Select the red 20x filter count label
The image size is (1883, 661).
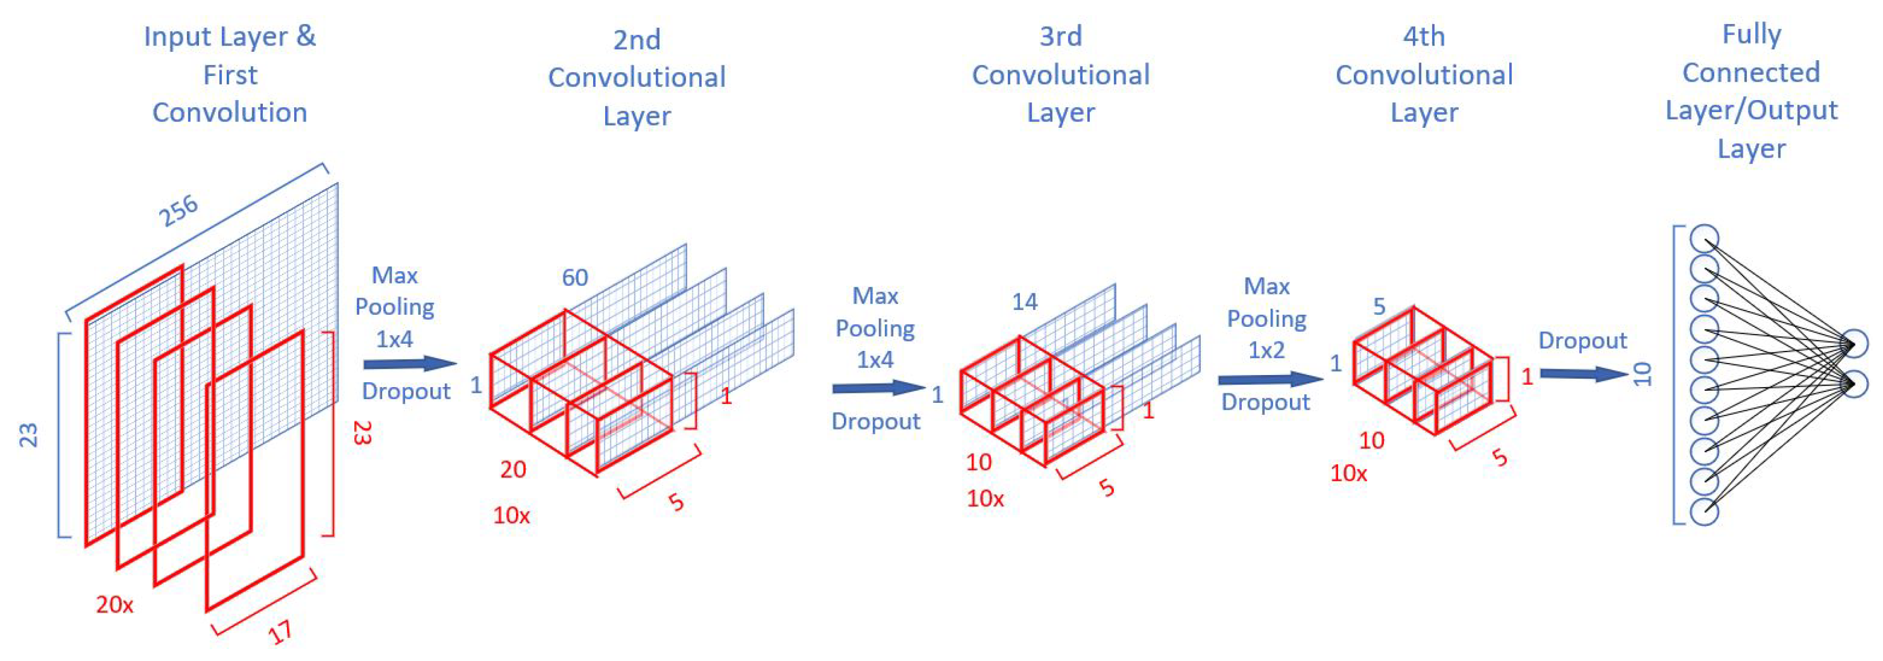click(x=115, y=605)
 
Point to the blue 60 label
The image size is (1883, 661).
click(x=575, y=277)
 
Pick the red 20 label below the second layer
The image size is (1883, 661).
click(x=513, y=469)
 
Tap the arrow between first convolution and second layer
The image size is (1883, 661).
click(x=409, y=363)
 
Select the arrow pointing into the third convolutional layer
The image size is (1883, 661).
click(x=878, y=388)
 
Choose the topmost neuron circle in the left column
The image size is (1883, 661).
click(x=1704, y=238)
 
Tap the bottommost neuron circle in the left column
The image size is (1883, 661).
click(x=1704, y=511)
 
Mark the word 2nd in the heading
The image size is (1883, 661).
click(x=637, y=39)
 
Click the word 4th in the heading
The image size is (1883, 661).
click(x=1423, y=37)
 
